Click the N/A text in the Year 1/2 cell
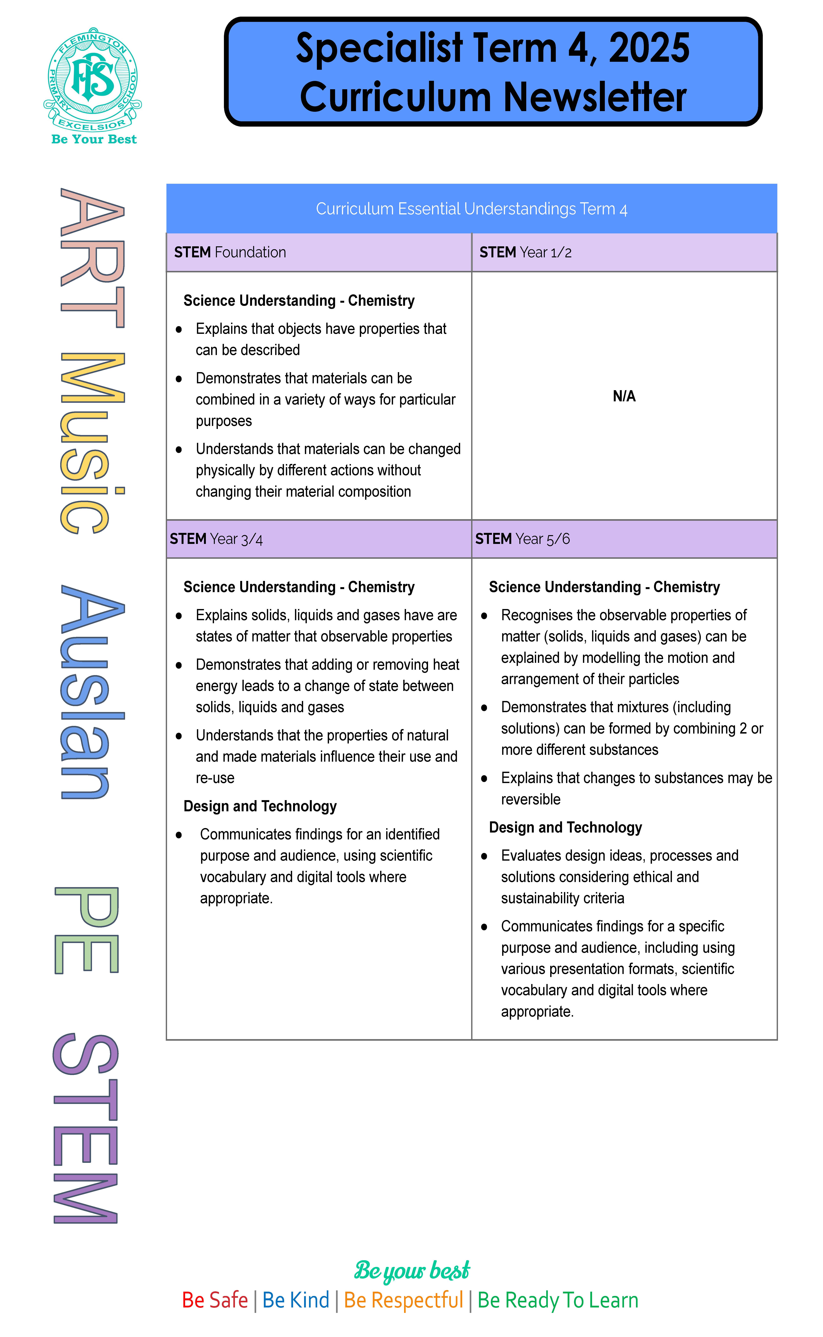(624, 396)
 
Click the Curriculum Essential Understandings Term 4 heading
(471, 209)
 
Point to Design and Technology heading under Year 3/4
(260, 806)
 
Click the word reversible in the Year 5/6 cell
(531, 799)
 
